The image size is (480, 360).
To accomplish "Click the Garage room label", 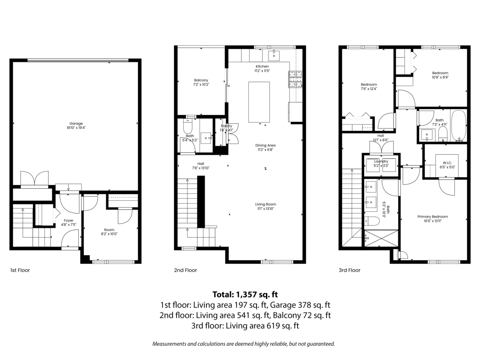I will click(x=75, y=124).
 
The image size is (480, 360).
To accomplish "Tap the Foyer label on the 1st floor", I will click(x=68, y=220).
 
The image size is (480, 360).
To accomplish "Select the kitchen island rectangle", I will click(x=259, y=102).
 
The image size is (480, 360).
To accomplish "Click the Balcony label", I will click(x=201, y=80).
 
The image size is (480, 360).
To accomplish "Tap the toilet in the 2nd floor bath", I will click(x=188, y=127).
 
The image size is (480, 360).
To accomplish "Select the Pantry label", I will click(x=226, y=126).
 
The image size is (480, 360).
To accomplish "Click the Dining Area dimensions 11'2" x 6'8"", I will click(x=266, y=150).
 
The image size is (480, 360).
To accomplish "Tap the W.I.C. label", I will click(x=447, y=162).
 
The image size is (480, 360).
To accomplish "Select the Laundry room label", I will click(x=381, y=161).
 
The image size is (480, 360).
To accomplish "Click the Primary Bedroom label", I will click(x=432, y=216).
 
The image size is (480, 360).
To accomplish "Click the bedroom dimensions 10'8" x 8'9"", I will click(x=440, y=78).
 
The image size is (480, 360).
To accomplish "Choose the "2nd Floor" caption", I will click(x=185, y=270).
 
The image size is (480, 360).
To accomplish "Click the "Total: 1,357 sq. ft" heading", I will click(x=245, y=295).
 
